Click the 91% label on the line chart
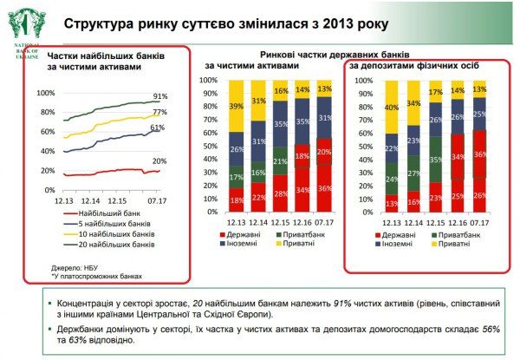(159, 96)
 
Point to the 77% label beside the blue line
(159, 113)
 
